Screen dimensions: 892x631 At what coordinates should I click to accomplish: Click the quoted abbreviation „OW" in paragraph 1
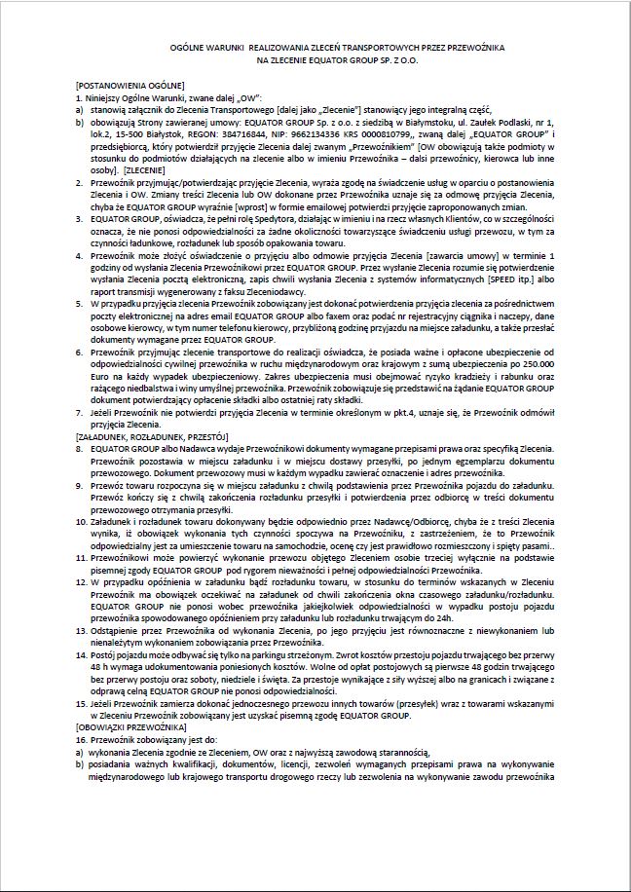click(x=242, y=97)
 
